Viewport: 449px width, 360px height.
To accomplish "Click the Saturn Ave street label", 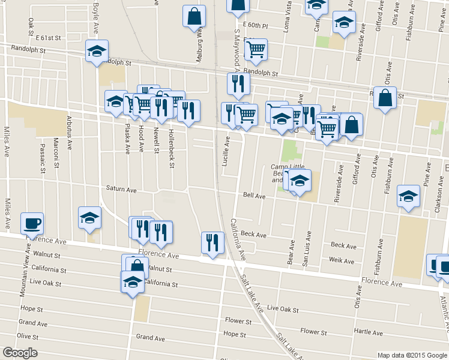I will [x=121, y=190].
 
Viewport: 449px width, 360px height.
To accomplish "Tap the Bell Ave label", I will [x=254, y=196].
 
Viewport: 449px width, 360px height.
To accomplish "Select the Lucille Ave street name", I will [x=228, y=149].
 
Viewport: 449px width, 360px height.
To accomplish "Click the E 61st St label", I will [x=48, y=37].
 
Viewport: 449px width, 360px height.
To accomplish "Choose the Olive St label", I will [x=28, y=336].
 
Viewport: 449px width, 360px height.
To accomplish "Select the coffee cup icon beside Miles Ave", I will [x=32, y=223].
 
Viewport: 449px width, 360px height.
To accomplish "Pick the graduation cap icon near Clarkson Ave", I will [x=409, y=196].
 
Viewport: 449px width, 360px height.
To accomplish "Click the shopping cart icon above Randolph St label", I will [x=256, y=50].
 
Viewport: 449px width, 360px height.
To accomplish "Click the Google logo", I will [x=20, y=353].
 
